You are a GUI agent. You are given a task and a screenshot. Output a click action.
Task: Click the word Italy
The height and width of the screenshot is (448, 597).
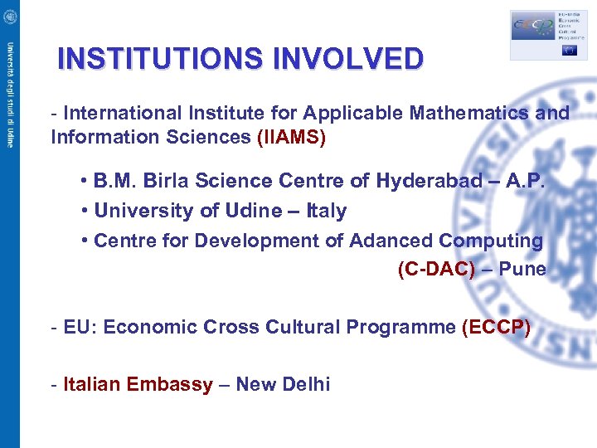pyautogui.click(x=327, y=211)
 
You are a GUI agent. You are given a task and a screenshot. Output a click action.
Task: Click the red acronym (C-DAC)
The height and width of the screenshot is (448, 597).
pyautogui.click(x=437, y=270)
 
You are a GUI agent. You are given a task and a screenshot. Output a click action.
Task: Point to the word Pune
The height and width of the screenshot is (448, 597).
pyautogui.click(x=522, y=270)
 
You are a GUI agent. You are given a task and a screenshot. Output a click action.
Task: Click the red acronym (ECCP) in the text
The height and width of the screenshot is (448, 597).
pyautogui.click(x=496, y=327)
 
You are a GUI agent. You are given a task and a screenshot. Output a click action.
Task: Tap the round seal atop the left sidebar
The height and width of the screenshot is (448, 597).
pyautogui.click(x=9, y=16)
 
